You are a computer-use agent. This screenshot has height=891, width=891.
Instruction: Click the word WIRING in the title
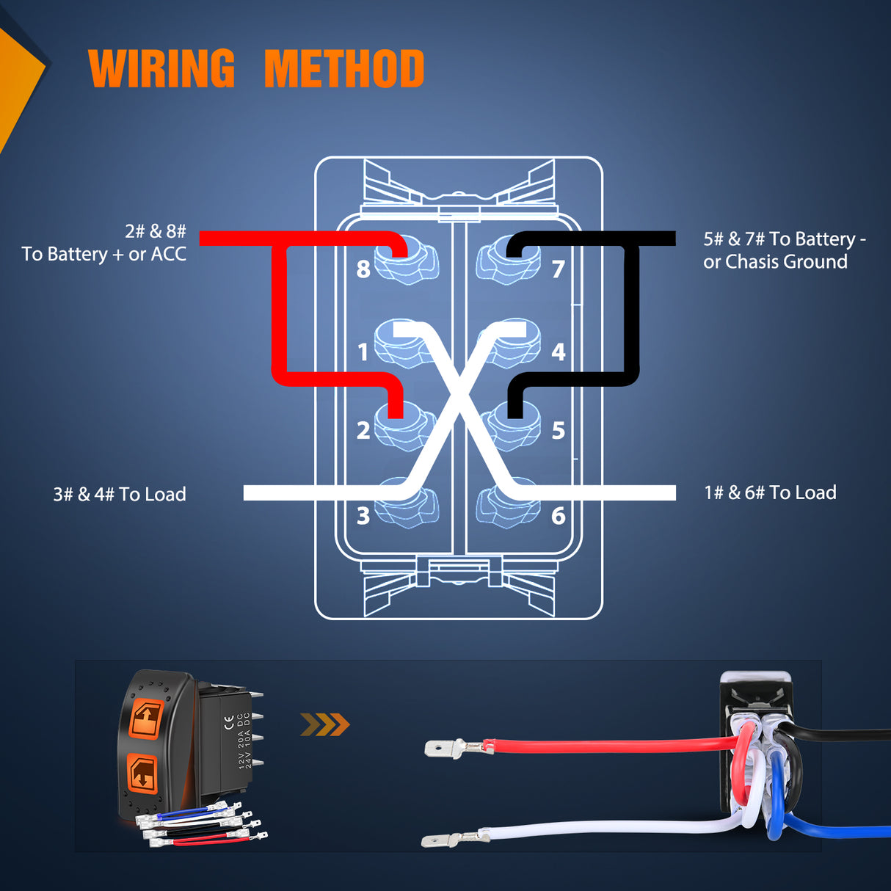161,69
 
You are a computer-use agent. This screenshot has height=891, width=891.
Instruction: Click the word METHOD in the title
343,69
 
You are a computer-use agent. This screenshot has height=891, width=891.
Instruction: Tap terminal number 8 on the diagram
363,269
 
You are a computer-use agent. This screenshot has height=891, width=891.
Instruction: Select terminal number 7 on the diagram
559,269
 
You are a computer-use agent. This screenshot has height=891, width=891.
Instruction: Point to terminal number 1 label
363,352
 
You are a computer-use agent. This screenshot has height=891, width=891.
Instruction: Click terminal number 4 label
559,352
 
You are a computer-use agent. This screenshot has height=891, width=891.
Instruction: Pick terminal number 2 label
363,430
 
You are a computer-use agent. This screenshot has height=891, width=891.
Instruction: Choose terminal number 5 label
559,430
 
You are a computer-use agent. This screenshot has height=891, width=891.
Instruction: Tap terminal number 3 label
363,516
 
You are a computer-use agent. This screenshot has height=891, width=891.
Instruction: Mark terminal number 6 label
559,516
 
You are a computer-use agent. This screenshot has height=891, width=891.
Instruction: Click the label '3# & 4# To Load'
120,494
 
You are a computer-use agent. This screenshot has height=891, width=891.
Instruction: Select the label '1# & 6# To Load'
770,492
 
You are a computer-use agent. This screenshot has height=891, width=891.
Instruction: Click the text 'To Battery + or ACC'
104,254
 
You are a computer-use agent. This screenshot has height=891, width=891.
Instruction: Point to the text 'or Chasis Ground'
775,262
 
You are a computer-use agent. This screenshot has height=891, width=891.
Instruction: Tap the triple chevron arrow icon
325,725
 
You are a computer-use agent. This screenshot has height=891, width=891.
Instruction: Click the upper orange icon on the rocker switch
146,717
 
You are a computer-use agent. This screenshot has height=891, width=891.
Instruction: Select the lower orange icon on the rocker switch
142,773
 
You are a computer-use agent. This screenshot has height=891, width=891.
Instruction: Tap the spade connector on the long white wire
445,839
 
